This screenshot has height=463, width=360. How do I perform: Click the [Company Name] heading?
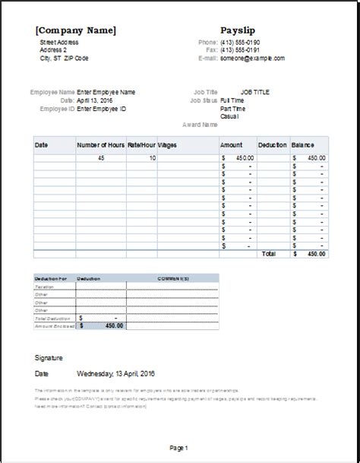point(75,30)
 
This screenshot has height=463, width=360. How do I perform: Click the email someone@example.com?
point(253,58)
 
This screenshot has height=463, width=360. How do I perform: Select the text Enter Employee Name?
point(106,92)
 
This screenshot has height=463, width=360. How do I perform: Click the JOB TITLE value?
point(256,92)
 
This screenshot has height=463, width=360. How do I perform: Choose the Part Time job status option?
point(235,108)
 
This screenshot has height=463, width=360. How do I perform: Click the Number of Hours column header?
point(102,144)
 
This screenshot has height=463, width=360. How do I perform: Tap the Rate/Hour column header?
point(141,144)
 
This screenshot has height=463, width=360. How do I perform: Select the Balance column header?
point(304,144)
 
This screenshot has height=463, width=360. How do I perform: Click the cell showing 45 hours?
point(101,157)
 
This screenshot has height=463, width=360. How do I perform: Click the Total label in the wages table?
point(268,253)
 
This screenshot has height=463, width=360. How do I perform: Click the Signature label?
point(49,357)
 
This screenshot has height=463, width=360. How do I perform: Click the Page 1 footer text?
point(179,448)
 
